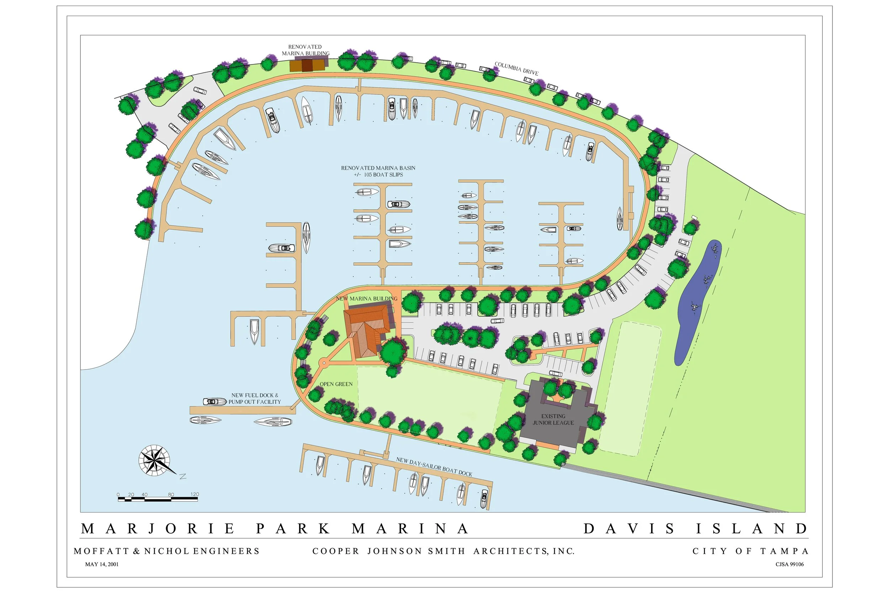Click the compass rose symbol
pyautogui.click(x=155, y=461)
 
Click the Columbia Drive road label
pyautogui.click(x=516, y=69)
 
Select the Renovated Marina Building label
pyautogui.click(x=305, y=50)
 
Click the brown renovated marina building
pyautogui.click(x=307, y=65)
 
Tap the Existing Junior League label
pyautogui.click(x=553, y=419)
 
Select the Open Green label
pyautogui.click(x=336, y=384)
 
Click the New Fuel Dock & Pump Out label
pyautogui.click(x=254, y=399)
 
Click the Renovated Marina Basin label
pyautogui.click(x=378, y=171)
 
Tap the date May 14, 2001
pyautogui.click(x=102, y=564)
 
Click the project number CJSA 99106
pyautogui.click(x=789, y=564)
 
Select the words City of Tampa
pyautogui.click(x=751, y=551)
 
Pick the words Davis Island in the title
pyautogui.click(x=696, y=528)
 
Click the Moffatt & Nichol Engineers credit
pyautogui.click(x=167, y=551)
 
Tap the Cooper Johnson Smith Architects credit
pyautogui.click(x=443, y=551)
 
